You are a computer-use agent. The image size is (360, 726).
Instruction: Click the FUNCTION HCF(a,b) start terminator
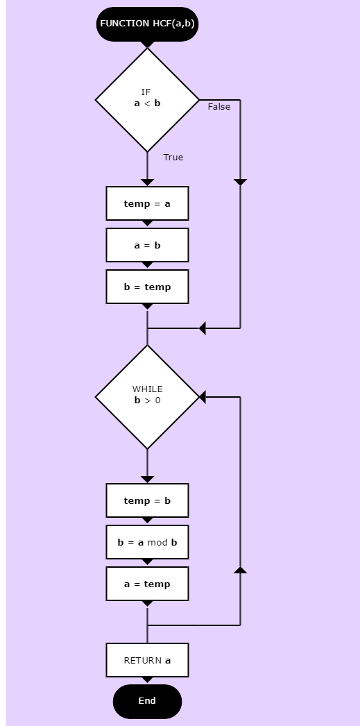coord(147,24)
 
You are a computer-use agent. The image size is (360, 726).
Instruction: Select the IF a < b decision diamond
coord(147,99)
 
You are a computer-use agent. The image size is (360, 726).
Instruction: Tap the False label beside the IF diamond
coord(219,106)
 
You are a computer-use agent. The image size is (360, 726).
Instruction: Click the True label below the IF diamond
coord(173,158)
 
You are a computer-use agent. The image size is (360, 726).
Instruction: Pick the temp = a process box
coord(147,203)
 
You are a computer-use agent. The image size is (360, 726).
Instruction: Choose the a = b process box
coord(147,245)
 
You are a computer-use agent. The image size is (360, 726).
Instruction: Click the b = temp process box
coord(147,287)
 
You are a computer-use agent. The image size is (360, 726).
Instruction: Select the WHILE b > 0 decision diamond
coord(147,397)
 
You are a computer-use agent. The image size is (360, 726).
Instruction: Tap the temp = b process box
coord(147,500)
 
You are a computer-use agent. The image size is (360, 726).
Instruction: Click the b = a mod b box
coord(147,542)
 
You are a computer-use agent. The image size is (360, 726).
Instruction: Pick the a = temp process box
coord(147,584)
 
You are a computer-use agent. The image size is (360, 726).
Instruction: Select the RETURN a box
coord(147,660)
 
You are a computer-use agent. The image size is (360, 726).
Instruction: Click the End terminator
coord(147,701)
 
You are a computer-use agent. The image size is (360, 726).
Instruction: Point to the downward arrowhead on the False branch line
coord(240,183)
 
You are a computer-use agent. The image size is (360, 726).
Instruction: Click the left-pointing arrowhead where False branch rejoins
coord(203,328)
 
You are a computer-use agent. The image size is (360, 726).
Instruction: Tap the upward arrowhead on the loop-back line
coord(240,570)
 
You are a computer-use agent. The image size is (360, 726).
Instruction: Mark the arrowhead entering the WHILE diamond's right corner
coord(203,397)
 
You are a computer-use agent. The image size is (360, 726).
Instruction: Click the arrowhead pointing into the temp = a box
coord(147,183)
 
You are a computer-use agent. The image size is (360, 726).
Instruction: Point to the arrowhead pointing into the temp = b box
coord(147,480)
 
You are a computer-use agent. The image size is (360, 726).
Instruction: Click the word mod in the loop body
coord(157,542)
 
